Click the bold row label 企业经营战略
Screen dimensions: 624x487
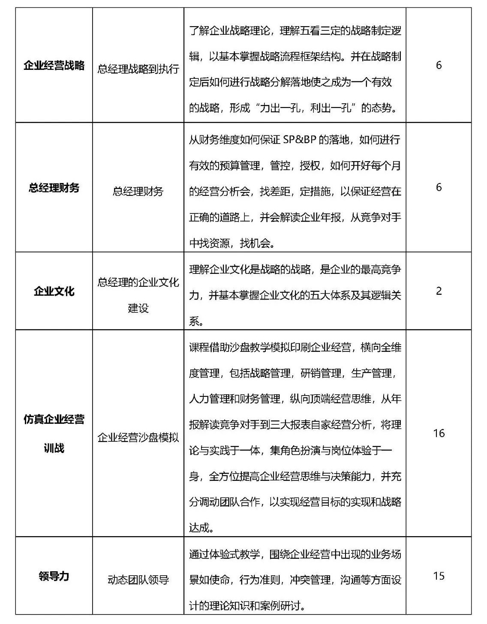(x=54, y=66)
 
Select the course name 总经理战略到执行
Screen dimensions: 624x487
(x=138, y=69)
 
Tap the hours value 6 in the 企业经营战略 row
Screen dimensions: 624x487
(x=439, y=66)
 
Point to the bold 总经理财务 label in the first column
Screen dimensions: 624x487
(x=54, y=188)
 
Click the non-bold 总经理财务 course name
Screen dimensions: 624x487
(x=138, y=191)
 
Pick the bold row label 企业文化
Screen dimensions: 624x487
(x=54, y=291)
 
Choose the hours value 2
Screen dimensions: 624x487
(x=439, y=291)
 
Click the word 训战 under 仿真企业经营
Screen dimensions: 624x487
(x=54, y=448)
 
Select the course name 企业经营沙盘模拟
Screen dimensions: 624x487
(x=138, y=438)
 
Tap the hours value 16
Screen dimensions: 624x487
(x=439, y=433)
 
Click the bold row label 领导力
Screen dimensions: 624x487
(x=54, y=576)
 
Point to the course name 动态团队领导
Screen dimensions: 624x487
(x=138, y=580)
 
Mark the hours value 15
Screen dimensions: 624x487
(x=439, y=576)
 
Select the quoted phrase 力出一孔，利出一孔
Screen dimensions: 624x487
(x=306, y=108)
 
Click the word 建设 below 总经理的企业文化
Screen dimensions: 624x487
(x=138, y=308)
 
